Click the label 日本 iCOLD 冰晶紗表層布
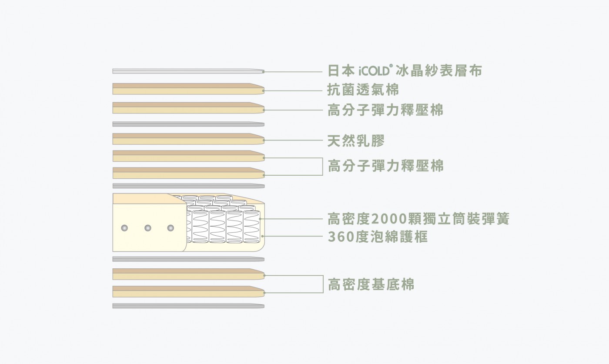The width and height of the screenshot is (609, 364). tap(405, 71)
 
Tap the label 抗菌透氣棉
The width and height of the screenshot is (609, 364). tap(363, 90)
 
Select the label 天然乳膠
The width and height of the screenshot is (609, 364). tap(356, 141)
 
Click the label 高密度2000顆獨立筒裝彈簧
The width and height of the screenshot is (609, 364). tap(418, 219)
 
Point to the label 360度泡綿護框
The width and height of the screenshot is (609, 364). tap(378, 237)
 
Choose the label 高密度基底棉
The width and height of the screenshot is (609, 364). tap(371, 284)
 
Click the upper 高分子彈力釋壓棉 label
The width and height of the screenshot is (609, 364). tap(385, 110)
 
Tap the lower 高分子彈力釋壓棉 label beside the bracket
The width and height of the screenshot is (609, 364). tap(385, 166)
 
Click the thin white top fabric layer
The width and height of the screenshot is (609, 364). tap(188, 71)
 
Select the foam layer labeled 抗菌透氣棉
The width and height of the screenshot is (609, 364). tap(188, 89)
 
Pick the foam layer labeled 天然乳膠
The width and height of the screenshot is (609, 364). tap(188, 139)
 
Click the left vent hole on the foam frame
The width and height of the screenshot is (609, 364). tap(124, 228)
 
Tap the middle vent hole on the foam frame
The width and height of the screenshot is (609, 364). tap(148, 228)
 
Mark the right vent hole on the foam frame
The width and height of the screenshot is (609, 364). tap(171, 228)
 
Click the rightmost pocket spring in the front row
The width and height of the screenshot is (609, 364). tap(251, 227)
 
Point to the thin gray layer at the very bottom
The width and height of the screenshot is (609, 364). tap(188, 306)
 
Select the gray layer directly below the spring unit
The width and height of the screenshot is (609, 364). tap(188, 259)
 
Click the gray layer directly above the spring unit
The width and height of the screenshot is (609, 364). tap(188, 186)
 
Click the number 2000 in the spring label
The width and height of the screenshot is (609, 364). tap(388, 219)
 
